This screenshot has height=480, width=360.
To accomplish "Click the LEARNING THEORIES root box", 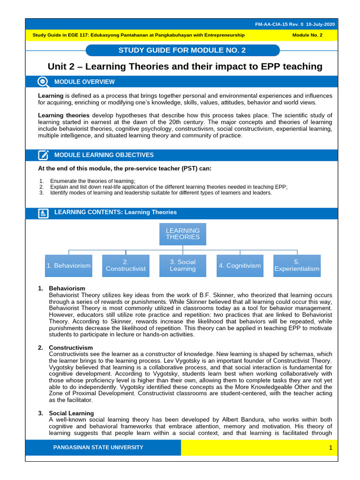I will [x=183, y=234].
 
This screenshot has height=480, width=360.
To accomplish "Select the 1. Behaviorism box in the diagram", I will [x=68, y=266].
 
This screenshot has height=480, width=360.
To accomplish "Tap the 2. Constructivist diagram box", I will [x=126, y=266].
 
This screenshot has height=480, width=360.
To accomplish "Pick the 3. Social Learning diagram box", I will [x=183, y=266].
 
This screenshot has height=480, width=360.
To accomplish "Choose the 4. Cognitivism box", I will [x=240, y=266].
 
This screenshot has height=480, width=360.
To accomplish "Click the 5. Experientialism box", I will [x=297, y=266].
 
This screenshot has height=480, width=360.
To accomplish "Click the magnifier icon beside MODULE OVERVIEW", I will [x=43, y=82].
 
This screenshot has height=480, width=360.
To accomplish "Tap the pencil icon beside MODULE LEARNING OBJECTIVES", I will [x=43, y=155].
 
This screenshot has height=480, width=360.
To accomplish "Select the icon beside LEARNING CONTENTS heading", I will [x=43, y=213].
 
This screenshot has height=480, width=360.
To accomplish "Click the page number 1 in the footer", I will [x=330, y=448].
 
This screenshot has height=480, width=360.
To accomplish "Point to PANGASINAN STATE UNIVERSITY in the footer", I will [x=98, y=448].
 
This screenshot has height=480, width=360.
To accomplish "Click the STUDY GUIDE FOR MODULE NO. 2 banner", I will [x=183, y=51].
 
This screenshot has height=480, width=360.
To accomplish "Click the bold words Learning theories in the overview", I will [x=64, y=115].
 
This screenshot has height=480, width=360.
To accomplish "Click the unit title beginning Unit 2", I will [x=185, y=67].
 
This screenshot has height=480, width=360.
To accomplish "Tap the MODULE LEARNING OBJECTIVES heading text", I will [x=104, y=155].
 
